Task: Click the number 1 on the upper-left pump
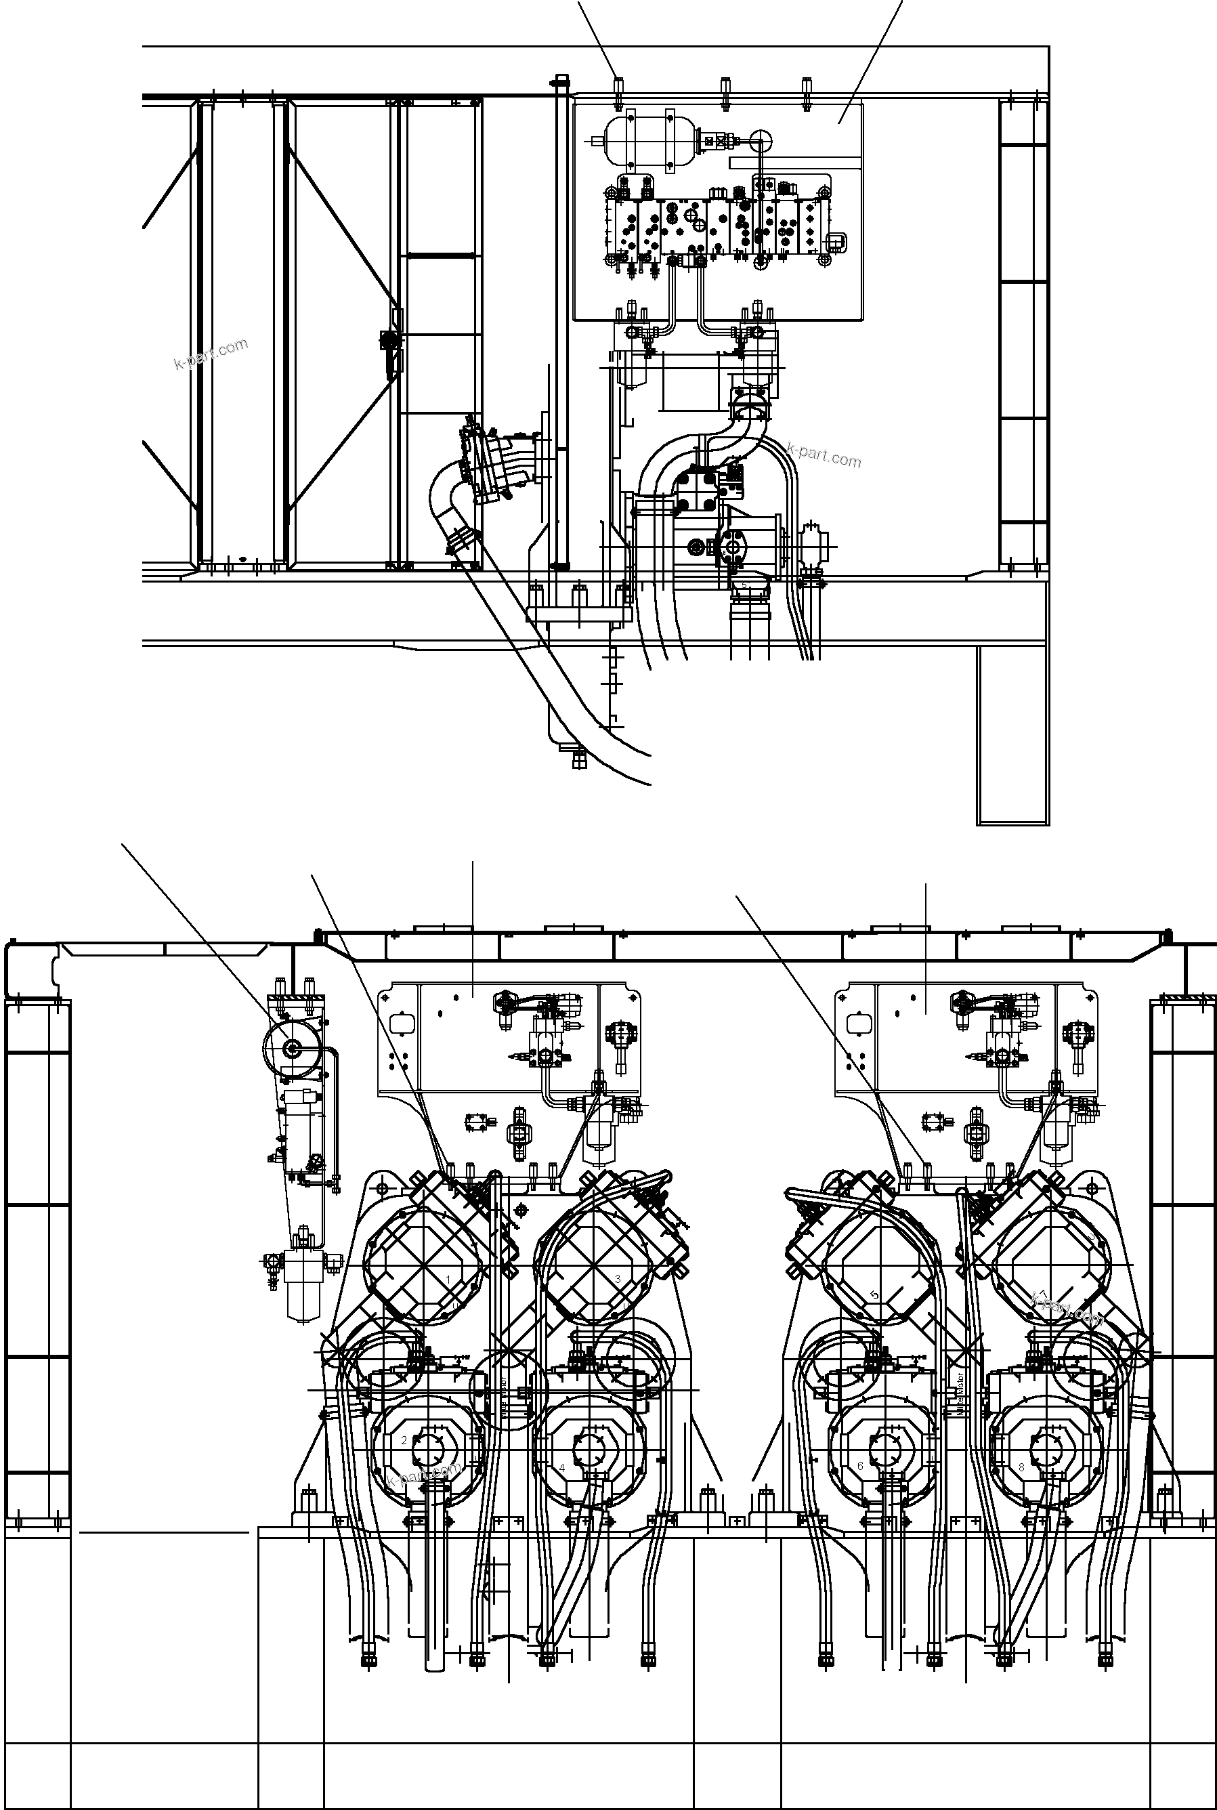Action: point(448,1278)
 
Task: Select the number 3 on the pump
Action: point(618,1278)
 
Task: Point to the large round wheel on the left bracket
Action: point(293,1049)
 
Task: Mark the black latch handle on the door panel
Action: point(389,351)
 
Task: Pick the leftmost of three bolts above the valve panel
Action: point(618,86)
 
